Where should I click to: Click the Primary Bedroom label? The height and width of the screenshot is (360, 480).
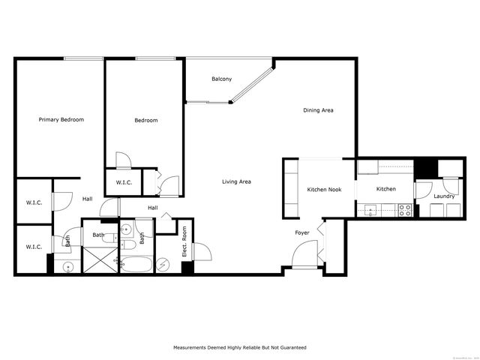(x=61, y=119)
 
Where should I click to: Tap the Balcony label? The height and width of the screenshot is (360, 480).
(x=221, y=79)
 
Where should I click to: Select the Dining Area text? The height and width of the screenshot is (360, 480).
(x=318, y=110)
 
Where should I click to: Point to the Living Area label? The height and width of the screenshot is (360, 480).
(x=236, y=181)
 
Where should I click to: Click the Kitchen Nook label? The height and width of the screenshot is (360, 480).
(x=324, y=190)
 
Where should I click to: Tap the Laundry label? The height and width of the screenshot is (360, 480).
(x=444, y=196)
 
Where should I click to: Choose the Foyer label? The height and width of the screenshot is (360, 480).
(x=302, y=233)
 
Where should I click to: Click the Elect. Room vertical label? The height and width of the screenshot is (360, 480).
(x=184, y=247)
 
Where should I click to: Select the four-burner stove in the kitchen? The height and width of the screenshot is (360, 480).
(x=405, y=211)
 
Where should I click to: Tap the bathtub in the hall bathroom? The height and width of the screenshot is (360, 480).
(x=136, y=264)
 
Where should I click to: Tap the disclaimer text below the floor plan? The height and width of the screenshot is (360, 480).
(x=240, y=348)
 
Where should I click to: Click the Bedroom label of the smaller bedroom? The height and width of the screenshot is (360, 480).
(x=146, y=120)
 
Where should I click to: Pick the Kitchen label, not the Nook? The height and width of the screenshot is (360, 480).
(x=386, y=189)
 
